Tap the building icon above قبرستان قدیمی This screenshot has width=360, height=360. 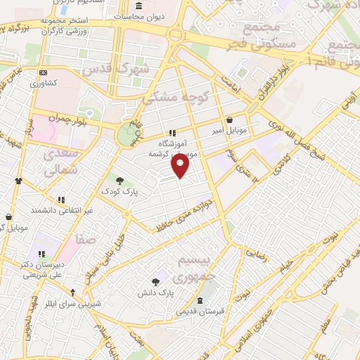click(201, 300)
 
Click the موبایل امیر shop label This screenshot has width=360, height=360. click(230, 131)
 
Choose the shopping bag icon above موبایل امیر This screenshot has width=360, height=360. click(230, 120)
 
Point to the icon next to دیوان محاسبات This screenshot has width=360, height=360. click(138, 6)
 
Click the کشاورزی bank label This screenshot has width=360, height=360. click(44, 82)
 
